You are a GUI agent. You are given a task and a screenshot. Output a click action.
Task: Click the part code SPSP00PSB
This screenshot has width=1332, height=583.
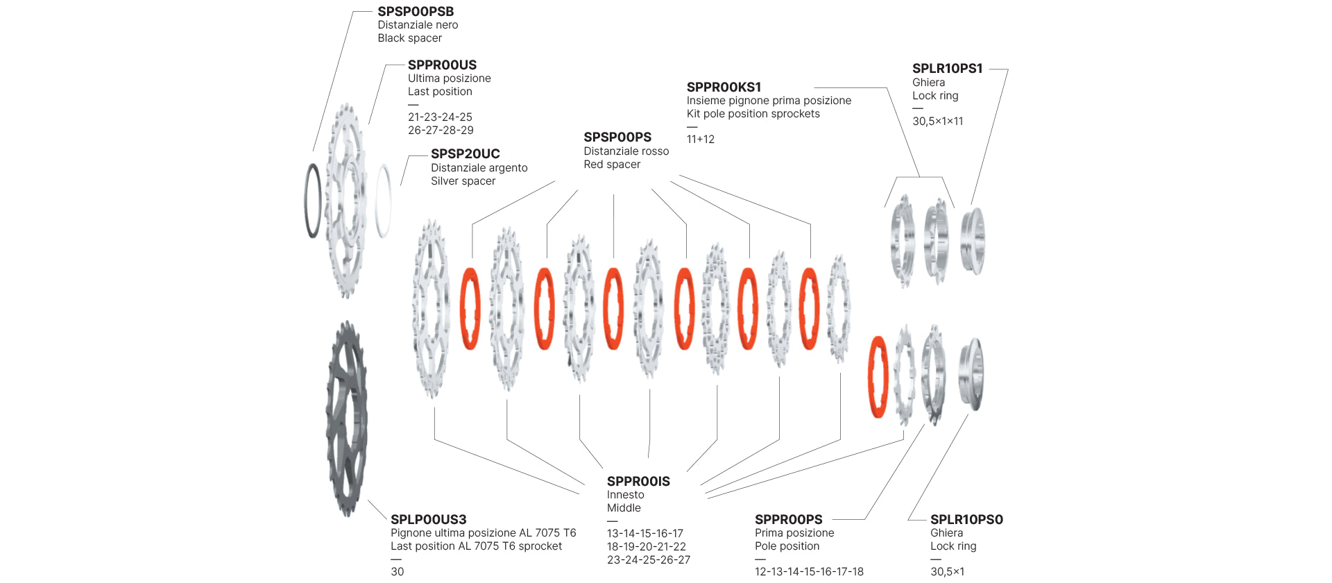click(x=416, y=12)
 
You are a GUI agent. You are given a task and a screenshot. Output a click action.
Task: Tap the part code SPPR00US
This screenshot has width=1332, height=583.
click(x=442, y=65)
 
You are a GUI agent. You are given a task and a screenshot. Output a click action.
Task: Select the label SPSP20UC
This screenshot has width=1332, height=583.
click(x=465, y=154)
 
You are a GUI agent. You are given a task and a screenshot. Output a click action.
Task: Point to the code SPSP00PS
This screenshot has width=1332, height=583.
click(x=617, y=137)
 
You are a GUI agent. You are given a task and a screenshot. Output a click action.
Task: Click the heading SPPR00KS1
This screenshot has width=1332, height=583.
click(x=724, y=87)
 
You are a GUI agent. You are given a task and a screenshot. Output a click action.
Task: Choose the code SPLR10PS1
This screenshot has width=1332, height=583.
click(x=947, y=69)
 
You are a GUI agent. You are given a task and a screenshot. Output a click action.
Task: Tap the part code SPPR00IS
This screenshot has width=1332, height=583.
click(x=638, y=482)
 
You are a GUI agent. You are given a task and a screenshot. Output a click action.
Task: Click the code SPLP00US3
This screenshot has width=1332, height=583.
click(x=428, y=520)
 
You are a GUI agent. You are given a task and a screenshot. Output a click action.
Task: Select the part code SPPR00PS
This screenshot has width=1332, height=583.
click(x=788, y=520)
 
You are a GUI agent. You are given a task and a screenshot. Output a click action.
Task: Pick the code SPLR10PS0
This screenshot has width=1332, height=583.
click(x=966, y=520)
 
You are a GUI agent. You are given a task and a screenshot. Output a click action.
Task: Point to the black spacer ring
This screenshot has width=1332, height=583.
click(x=314, y=201)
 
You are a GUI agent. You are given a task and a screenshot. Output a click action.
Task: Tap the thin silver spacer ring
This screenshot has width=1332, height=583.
click(x=383, y=201)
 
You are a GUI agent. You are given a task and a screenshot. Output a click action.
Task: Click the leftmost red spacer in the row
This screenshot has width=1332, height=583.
click(x=470, y=308)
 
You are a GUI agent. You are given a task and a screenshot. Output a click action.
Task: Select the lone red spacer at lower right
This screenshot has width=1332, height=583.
click(x=878, y=377)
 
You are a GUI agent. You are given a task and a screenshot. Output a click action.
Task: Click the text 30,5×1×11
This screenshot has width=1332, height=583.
click(x=937, y=121)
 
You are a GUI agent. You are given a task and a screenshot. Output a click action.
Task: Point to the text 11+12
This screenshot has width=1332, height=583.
click(x=700, y=140)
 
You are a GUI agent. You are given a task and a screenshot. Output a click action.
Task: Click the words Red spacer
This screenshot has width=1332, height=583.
click(x=612, y=164)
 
